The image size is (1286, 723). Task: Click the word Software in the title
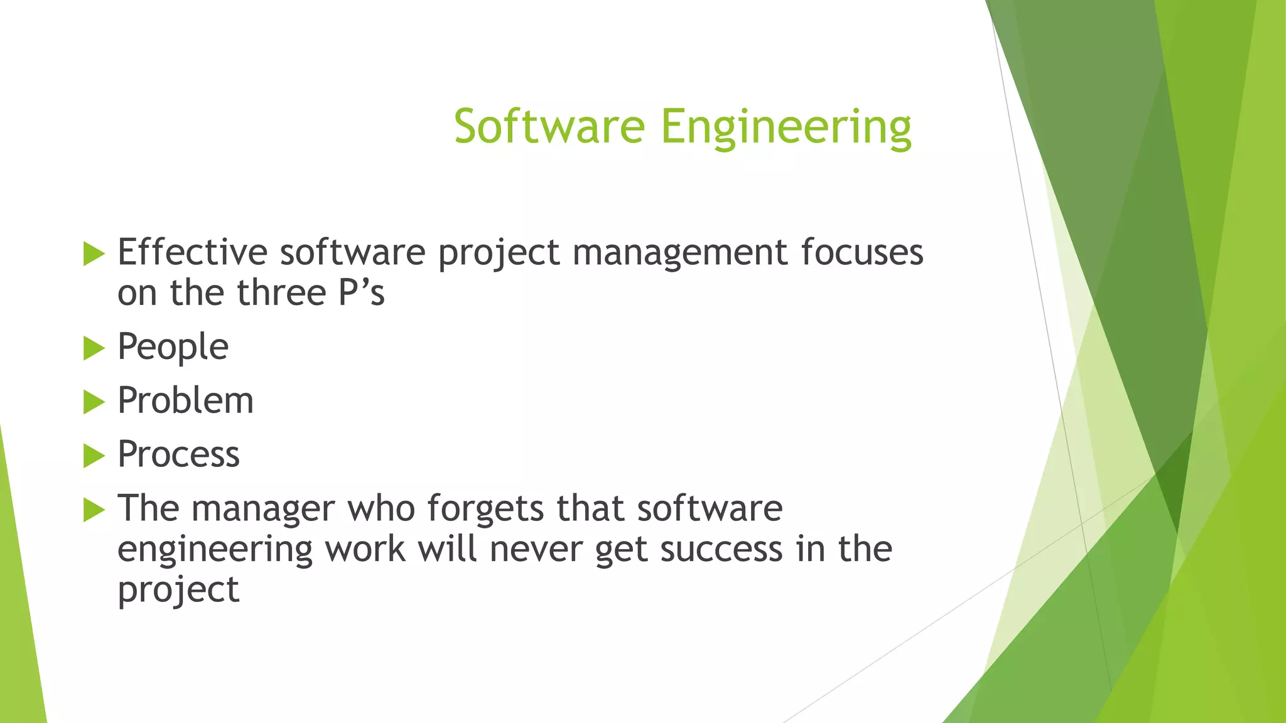(x=549, y=127)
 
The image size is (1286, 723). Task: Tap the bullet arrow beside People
(x=94, y=348)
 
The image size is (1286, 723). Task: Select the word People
(x=173, y=347)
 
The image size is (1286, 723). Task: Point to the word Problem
(x=185, y=400)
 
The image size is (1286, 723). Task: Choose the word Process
(x=178, y=454)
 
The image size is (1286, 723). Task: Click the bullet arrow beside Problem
(x=94, y=402)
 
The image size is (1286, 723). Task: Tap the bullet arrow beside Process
(x=94, y=456)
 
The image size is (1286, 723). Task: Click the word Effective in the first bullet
(x=192, y=252)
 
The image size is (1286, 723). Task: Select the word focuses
(x=862, y=252)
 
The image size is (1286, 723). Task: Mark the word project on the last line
(x=178, y=591)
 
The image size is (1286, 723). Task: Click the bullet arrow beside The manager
(x=94, y=510)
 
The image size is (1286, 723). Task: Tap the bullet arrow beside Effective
(x=94, y=254)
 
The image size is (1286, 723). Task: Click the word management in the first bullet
(x=679, y=252)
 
